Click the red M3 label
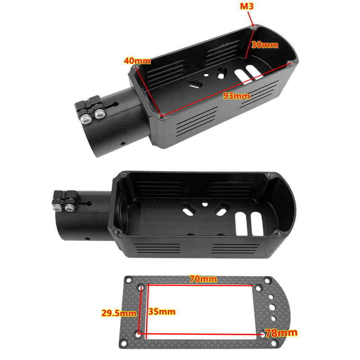pyautogui.click(x=247, y=6)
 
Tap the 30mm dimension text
pyautogui.click(x=265, y=45)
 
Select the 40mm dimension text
pyautogui.click(x=137, y=61)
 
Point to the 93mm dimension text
pyautogui.click(x=236, y=96)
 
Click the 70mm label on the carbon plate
pyautogui.click(x=203, y=279)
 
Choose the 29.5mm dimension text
pyautogui.click(x=119, y=313)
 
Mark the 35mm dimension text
pyautogui.click(x=162, y=311)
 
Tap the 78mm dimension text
pyautogui.click(x=281, y=333)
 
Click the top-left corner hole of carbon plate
pyautogui.click(x=128, y=280)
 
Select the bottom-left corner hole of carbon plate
pyautogui.click(x=123, y=343)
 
